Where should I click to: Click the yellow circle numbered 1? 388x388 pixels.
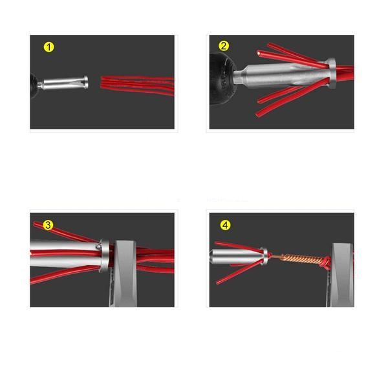[x=48, y=47]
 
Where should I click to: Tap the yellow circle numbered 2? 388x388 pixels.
[x=224, y=46]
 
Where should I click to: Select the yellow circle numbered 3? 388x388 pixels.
[x=48, y=225]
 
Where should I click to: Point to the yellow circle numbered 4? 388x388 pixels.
[x=225, y=225]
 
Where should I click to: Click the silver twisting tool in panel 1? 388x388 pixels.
[x=63, y=83]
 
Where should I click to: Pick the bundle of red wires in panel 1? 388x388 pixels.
[x=137, y=85]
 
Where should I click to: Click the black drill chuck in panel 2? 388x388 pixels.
[x=222, y=79]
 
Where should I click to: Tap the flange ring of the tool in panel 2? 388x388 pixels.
[x=331, y=73]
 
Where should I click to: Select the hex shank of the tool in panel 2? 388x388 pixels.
[x=239, y=74]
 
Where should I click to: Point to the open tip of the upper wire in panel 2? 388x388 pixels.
[x=259, y=53]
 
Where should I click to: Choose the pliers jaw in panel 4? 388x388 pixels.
[x=341, y=275]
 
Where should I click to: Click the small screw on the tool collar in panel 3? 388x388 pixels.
[x=98, y=246]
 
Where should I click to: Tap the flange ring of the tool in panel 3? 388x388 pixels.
[x=105, y=255]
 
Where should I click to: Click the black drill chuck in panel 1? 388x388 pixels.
[x=34, y=85]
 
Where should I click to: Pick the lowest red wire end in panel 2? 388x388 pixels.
[x=257, y=115]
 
